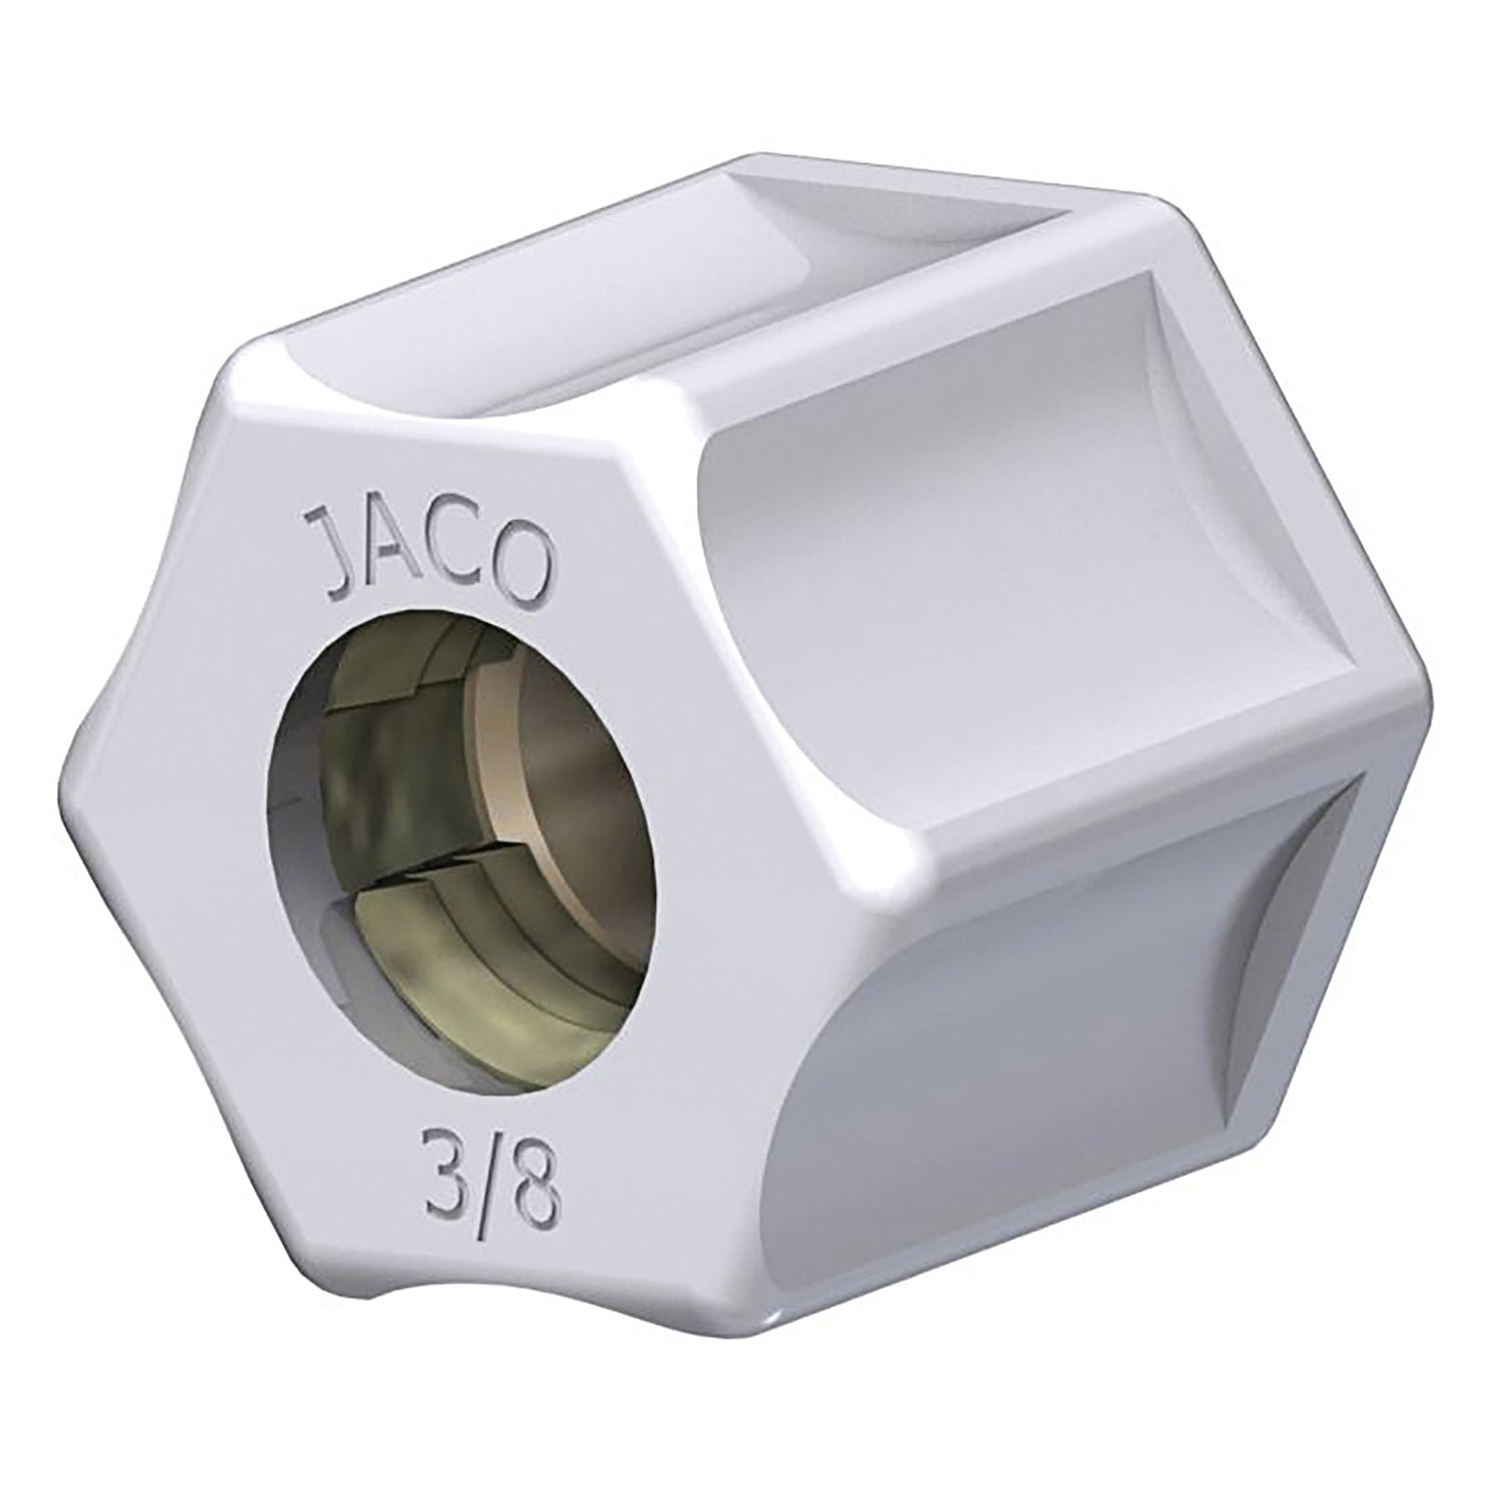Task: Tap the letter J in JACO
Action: pyautogui.click(x=329, y=563)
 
